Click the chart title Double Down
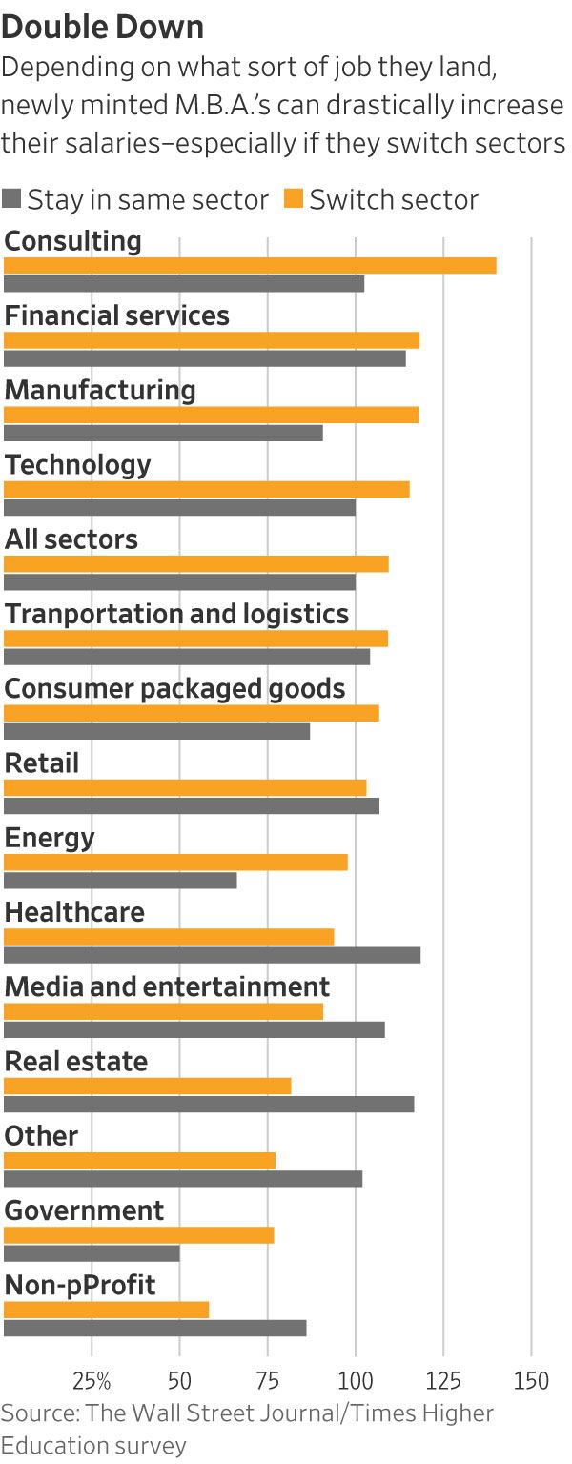pyautogui.click(x=102, y=28)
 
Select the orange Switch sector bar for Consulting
pyautogui.click(x=250, y=266)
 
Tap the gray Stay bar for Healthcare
pyautogui.click(x=212, y=955)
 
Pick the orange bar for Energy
pyautogui.click(x=175, y=863)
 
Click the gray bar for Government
pyautogui.click(x=92, y=1253)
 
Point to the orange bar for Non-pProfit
pyautogui.click(x=106, y=1310)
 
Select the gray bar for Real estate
pyautogui.click(x=209, y=1104)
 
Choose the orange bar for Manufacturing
pyautogui.click(x=211, y=415)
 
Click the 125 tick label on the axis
pyautogui.click(x=443, y=1381)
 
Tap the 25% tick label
pyautogui.click(x=92, y=1381)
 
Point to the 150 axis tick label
pyautogui.click(x=531, y=1381)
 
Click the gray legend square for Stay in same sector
pyautogui.click(x=11, y=200)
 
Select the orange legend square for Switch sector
pyautogui.click(x=294, y=200)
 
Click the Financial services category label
pyautogui.click(x=116, y=315)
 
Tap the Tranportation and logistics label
pyautogui.click(x=176, y=614)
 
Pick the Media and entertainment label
pyautogui.click(x=167, y=986)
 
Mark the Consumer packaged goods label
pyautogui.click(x=174, y=688)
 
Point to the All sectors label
pyautogui.click(x=71, y=539)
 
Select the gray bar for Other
pyautogui.click(x=183, y=1179)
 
